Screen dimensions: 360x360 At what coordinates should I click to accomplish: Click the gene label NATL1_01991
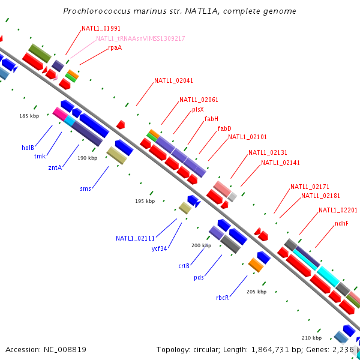(101, 28)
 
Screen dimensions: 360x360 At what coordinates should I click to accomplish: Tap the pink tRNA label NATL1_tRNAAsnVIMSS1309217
(140, 38)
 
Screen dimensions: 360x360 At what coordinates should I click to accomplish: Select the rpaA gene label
(115, 47)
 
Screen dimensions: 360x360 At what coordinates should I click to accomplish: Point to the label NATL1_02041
(173, 80)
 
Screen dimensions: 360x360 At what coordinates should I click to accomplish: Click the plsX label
(198, 109)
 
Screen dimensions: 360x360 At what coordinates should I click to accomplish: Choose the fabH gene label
(211, 119)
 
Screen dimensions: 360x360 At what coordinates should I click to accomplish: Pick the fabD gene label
(224, 128)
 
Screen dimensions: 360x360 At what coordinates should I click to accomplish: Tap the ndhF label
(342, 223)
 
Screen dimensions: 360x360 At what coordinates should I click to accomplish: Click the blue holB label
(28, 148)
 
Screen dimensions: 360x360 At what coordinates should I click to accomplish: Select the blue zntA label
(55, 167)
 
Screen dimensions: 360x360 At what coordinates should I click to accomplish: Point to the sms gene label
(85, 188)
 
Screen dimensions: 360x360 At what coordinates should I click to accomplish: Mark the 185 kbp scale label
(29, 116)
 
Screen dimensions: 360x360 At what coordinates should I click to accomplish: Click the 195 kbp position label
(145, 201)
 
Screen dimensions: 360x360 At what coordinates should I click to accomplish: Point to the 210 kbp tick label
(311, 337)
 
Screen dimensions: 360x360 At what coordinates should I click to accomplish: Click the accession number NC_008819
(65, 349)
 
